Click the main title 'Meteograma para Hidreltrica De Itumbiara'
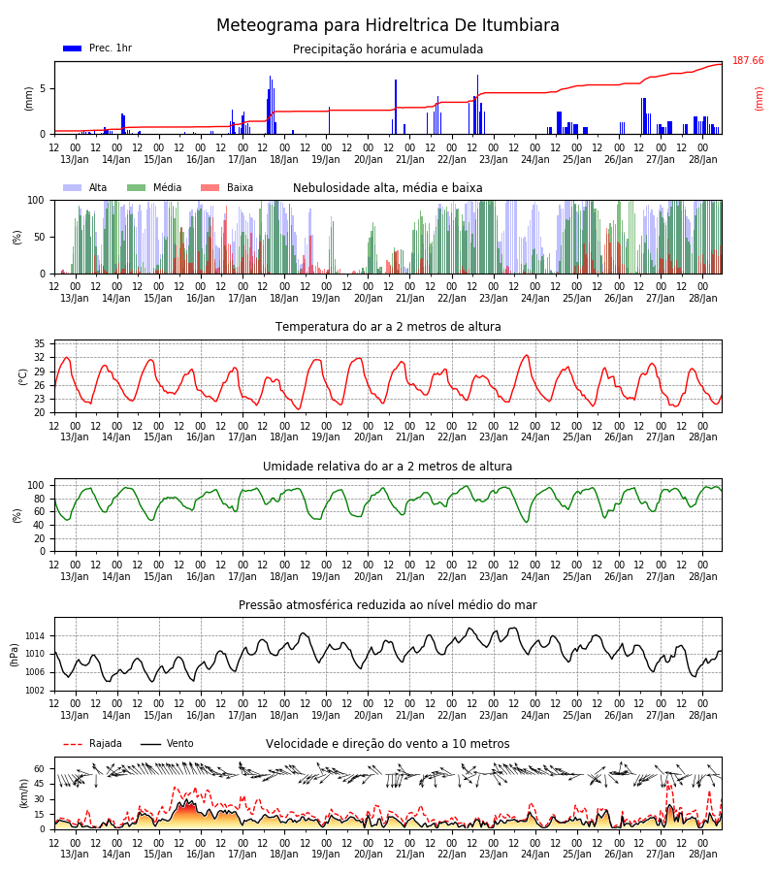tap(387, 25)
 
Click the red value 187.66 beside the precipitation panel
tap(748, 61)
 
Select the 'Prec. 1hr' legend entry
tap(98, 48)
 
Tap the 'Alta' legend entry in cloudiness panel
tap(85, 187)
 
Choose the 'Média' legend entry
tap(154, 187)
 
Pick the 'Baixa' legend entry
tap(227, 187)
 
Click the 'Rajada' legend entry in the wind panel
tap(92, 743)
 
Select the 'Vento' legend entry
tap(167, 743)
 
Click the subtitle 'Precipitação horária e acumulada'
tap(388, 49)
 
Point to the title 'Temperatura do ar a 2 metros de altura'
tap(388, 327)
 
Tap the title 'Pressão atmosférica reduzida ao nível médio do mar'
tap(388, 604)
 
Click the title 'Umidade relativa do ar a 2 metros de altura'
tap(387, 466)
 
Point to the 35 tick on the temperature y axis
tap(39, 343)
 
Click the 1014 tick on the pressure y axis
tap(36, 635)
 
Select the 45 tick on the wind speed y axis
tap(39, 784)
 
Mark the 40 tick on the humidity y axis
tap(39, 525)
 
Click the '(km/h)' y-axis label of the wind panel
tap(23, 793)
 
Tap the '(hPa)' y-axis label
tap(14, 655)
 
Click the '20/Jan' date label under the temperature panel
tap(369, 437)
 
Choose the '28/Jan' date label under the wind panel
tap(703, 854)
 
